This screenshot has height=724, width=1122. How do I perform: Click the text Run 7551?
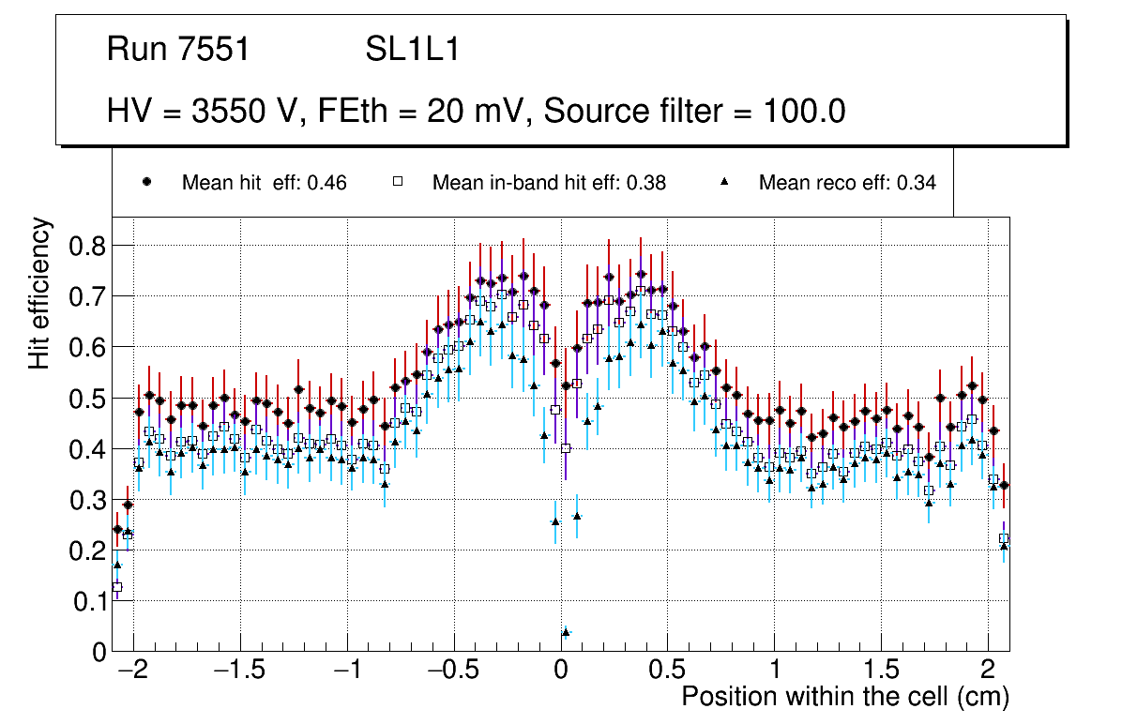pyautogui.click(x=178, y=50)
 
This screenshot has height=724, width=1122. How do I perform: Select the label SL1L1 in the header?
pyautogui.click(x=412, y=50)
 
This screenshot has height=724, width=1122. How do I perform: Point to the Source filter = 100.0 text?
pyautogui.click(x=695, y=112)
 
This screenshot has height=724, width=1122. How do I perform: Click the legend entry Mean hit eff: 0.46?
pyautogui.click(x=264, y=183)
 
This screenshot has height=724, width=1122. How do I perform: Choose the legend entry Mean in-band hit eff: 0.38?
pyautogui.click(x=549, y=183)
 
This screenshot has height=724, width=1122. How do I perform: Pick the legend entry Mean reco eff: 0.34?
pyautogui.click(x=847, y=183)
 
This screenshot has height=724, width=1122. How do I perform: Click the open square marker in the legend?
pyautogui.click(x=397, y=183)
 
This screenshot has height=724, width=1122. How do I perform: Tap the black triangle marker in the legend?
pyautogui.click(x=724, y=183)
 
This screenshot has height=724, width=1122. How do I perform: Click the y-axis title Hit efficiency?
pyautogui.click(x=39, y=294)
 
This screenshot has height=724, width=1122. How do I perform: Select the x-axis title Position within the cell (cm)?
pyautogui.click(x=844, y=697)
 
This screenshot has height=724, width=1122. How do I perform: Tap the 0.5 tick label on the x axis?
pyautogui.click(x=667, y=671)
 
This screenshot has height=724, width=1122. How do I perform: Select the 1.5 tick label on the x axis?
pyautogui.click(x=881, y=671)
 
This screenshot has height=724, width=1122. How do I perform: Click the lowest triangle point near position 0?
pyautogui.click(x=566, y=632)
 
